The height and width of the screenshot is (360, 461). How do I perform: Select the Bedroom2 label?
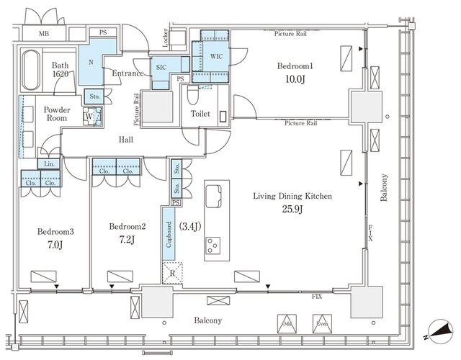click(127, 227)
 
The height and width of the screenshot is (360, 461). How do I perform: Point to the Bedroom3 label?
click(55, 233)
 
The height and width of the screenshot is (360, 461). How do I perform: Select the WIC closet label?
click(215, 55)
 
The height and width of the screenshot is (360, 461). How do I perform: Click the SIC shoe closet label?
click(161, 67)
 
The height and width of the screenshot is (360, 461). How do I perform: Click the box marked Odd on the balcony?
click(287, 324)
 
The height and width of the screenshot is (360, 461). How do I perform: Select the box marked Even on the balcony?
click(322, 324)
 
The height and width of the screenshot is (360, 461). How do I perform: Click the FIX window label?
click(316, 296)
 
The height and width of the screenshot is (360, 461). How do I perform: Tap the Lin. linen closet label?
click(49, 163)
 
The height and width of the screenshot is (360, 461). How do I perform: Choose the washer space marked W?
click(88, 116)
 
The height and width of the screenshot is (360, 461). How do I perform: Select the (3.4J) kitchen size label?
click(189, 227)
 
